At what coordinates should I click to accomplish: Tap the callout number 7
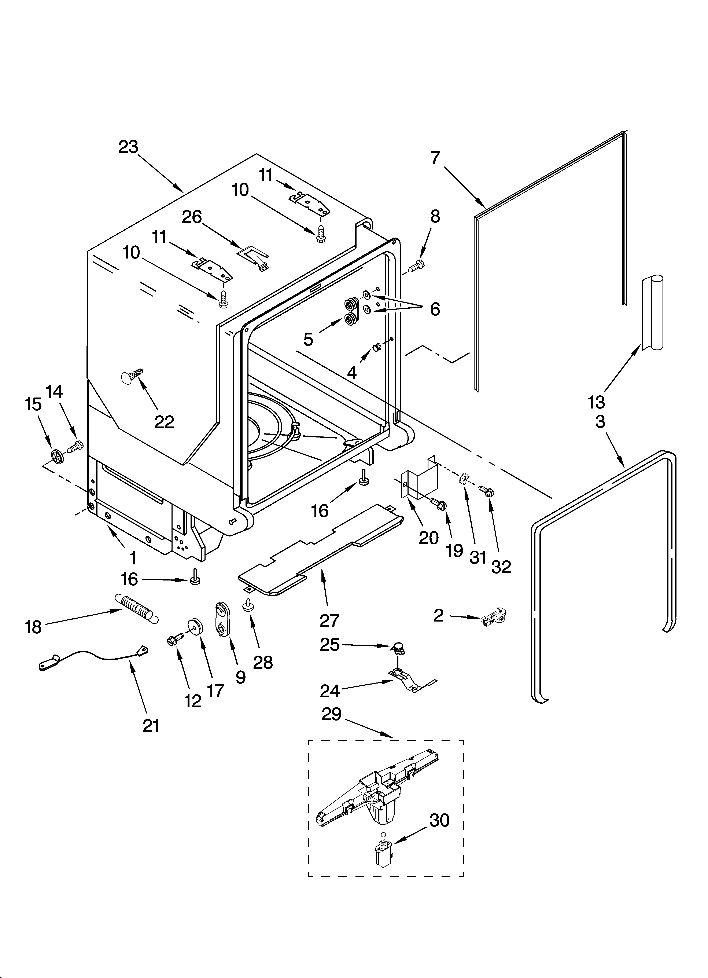[435, 158]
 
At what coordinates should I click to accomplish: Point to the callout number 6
[435, 309]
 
